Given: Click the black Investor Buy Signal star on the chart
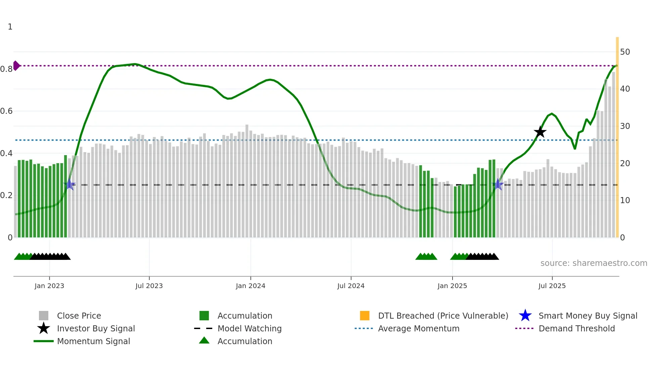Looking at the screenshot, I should point(540,132).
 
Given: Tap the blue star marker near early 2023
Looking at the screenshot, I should point(69,184).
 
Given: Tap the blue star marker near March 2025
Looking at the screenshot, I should point(498,184).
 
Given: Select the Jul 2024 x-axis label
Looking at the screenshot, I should point(351,286).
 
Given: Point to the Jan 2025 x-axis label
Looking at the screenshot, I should point(452,286).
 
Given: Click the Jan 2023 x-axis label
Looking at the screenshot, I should point(49,286).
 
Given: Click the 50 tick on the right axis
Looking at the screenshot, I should point(625,52).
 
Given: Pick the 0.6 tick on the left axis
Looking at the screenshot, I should point(6,111).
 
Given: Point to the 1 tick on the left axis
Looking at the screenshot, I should point(10,27).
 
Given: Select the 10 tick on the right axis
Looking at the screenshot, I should point(625,200).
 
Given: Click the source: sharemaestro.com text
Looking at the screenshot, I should point(594,263).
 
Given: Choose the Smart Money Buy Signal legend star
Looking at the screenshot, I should point(525,316).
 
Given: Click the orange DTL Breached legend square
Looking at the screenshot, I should point(365,316).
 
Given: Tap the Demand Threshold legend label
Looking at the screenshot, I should point(576,328).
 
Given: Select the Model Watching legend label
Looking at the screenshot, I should point(249,328).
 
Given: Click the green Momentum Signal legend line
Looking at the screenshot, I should point(44,341).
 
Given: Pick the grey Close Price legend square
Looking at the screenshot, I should point(44,316).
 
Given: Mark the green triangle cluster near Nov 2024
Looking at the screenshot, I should point(426,257).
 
